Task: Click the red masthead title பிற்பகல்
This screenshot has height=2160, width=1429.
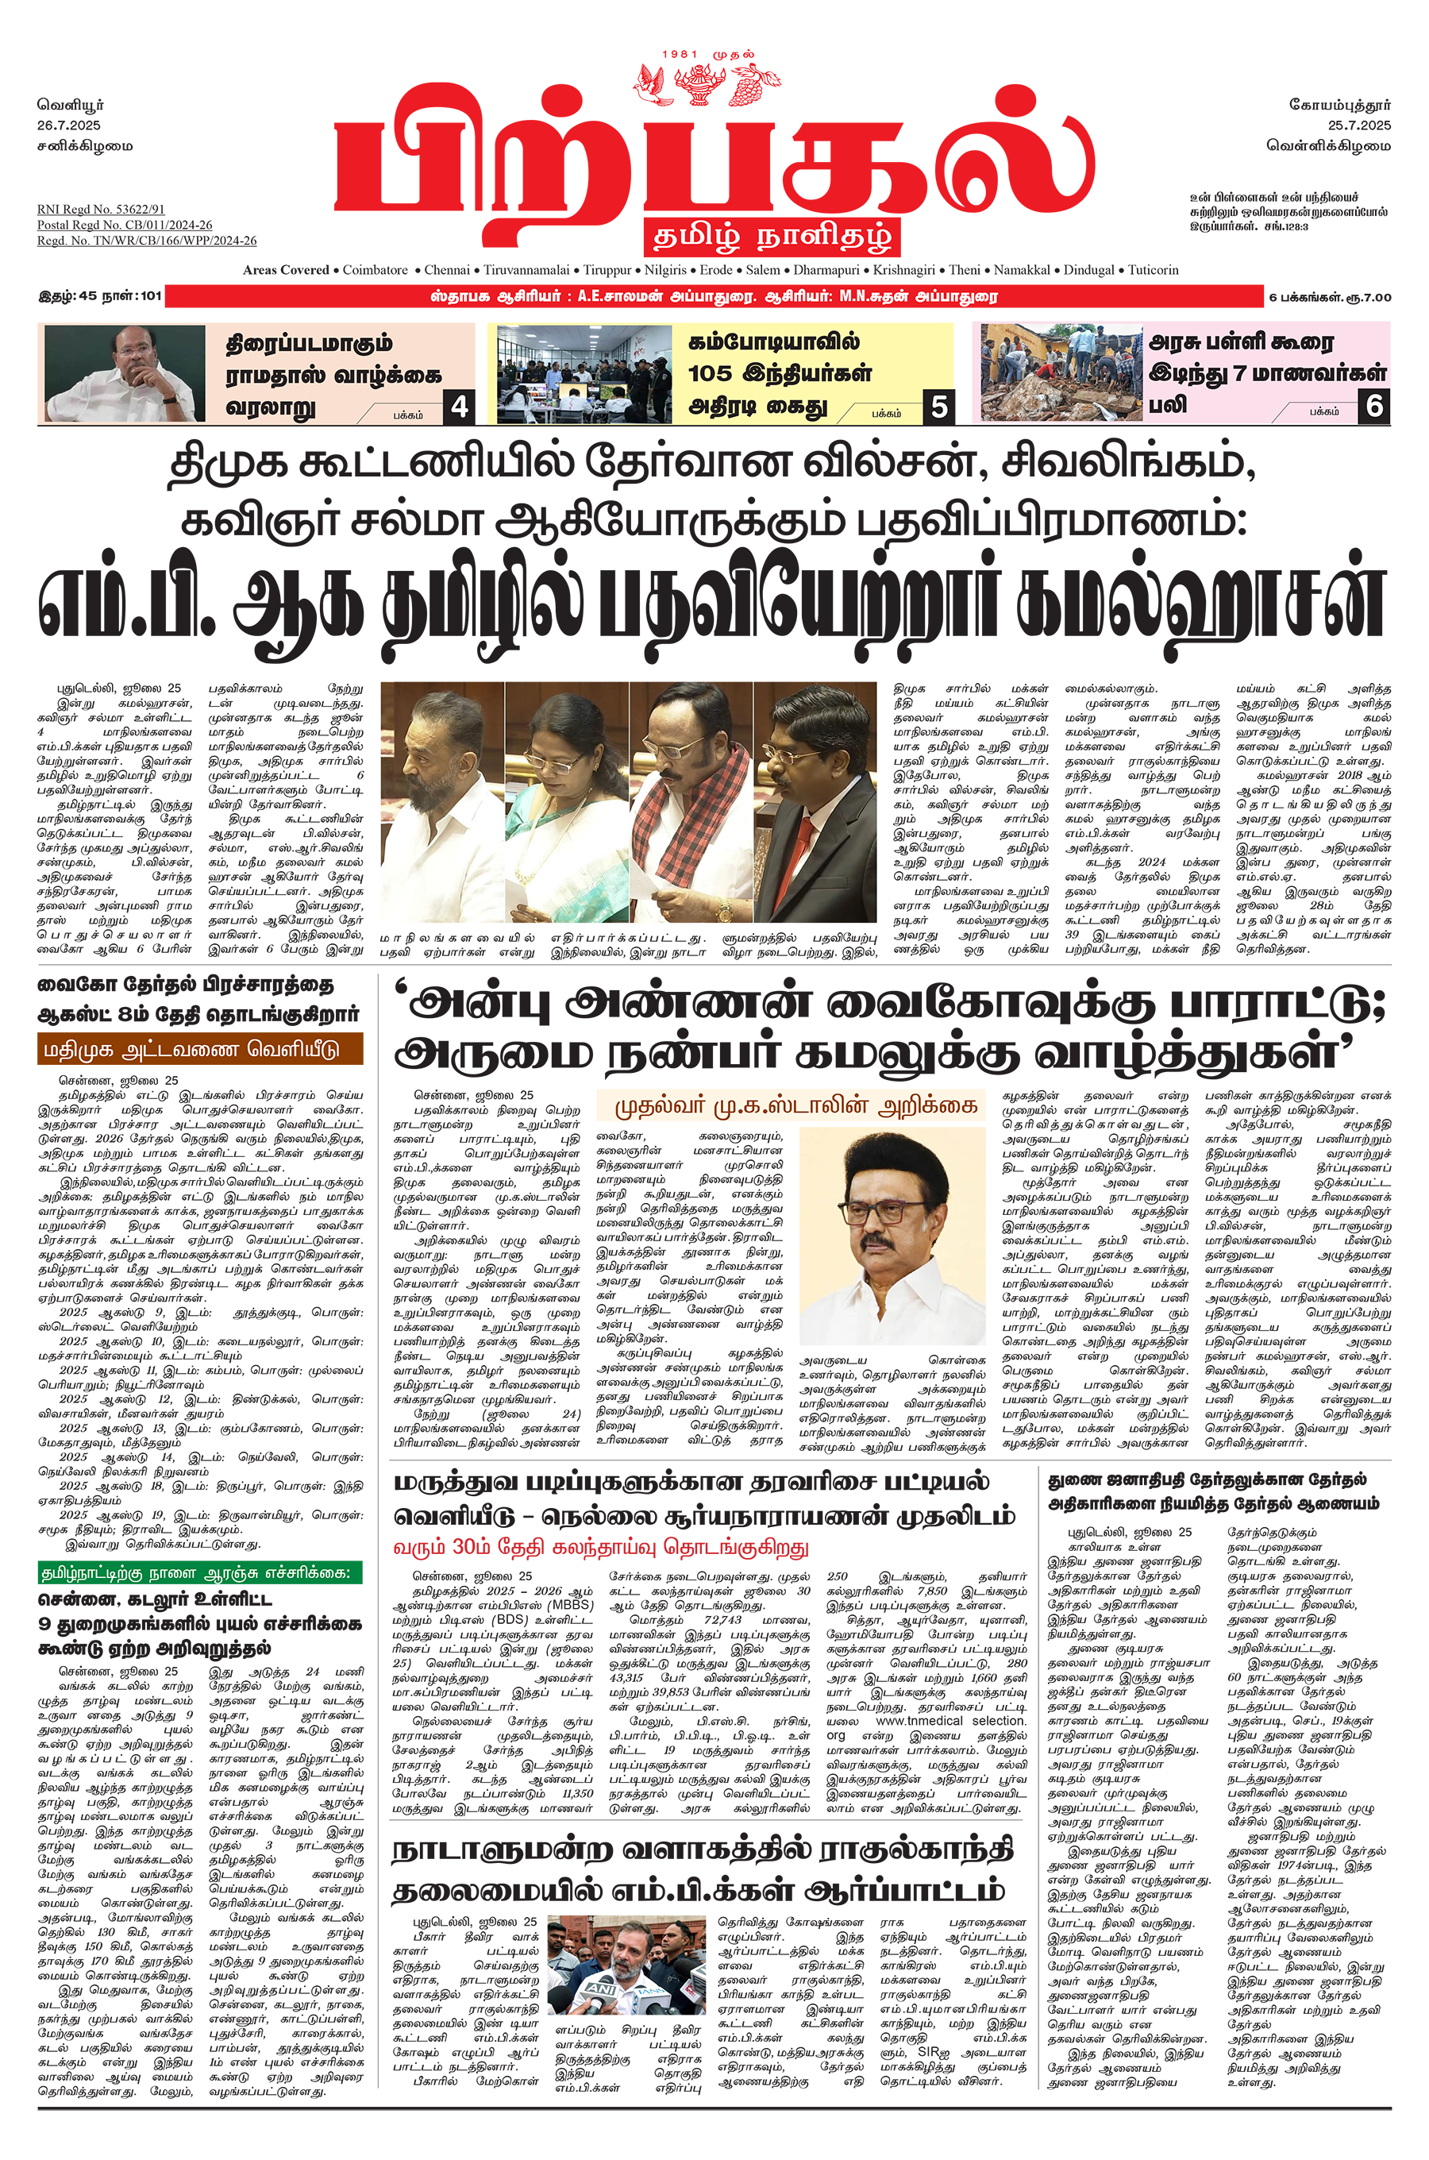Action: point(714,155)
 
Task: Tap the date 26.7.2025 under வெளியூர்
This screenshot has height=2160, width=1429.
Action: point(69,125)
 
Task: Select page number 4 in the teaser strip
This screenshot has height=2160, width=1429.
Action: point(460,406)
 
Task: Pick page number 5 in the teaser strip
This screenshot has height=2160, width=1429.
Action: point(938,406)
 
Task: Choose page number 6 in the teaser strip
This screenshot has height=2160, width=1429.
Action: point(1374,405)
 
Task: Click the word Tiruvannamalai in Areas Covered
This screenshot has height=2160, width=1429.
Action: point(526,270)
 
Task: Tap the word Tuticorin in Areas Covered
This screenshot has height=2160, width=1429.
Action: point(1153,270)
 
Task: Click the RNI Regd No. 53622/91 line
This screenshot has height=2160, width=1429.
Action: point(101,210)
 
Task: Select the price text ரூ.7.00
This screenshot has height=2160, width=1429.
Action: point(1369,297)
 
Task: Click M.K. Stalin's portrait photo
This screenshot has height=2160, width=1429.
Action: point(892,1235)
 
